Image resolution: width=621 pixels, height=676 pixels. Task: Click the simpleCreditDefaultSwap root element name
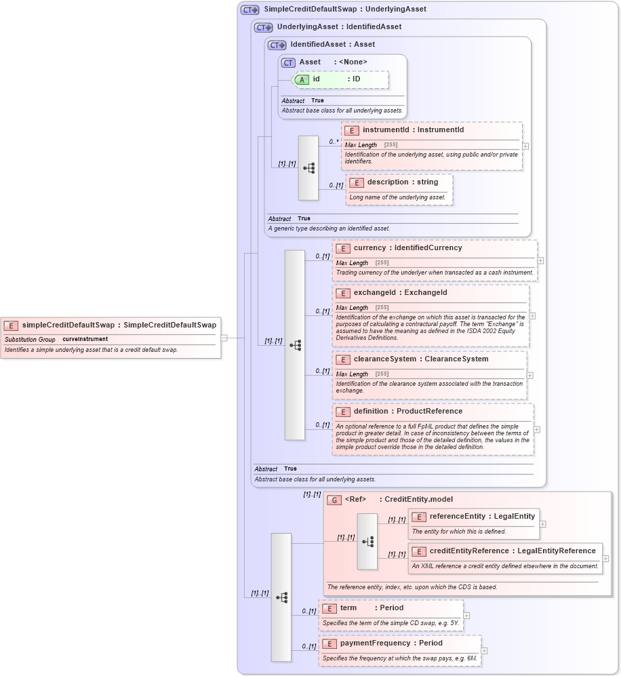(68, 325)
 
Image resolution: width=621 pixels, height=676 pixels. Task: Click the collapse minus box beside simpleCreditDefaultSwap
(224, 338)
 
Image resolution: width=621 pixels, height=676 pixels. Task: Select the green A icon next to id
(302, 79)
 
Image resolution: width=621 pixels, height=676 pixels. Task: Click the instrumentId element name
(386, 130)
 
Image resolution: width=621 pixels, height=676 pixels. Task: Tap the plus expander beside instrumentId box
(525, 146)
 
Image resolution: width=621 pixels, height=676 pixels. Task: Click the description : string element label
(402, 182)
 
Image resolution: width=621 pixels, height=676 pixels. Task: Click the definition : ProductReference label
(407, 411)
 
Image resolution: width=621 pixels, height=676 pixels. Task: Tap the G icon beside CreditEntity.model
(334, 500)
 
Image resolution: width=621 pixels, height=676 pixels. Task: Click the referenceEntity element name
(458, 517)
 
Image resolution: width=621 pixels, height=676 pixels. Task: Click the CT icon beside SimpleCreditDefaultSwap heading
(249, 9)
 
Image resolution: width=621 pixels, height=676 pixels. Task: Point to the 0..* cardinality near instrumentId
(334, 141)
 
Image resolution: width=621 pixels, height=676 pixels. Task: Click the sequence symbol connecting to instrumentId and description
(308, 168)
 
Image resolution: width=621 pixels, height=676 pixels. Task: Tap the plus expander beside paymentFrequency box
(484, 651)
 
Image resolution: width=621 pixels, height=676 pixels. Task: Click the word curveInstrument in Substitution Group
(85, 339)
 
